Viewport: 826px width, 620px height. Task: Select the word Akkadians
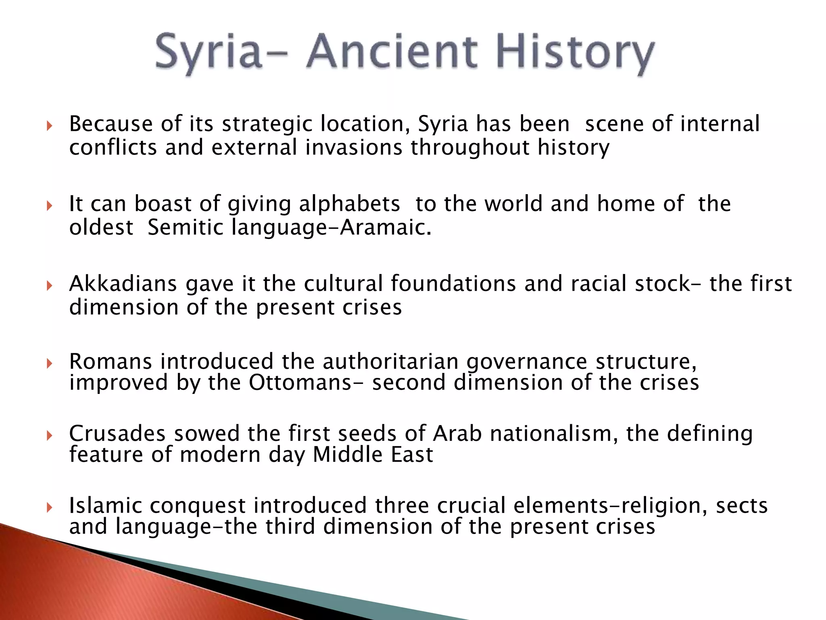(x=123, y=283)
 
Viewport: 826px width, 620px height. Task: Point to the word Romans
(x=111, y=361)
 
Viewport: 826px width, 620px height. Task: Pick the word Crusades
(x=117, y=434)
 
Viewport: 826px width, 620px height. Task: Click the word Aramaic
(x=385, y=227)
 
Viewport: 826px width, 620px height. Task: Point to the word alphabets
(x=349, y=203)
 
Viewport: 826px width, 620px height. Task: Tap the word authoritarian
(x=390, y=361)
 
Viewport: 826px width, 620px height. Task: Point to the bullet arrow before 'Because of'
(x=50, y=126)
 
